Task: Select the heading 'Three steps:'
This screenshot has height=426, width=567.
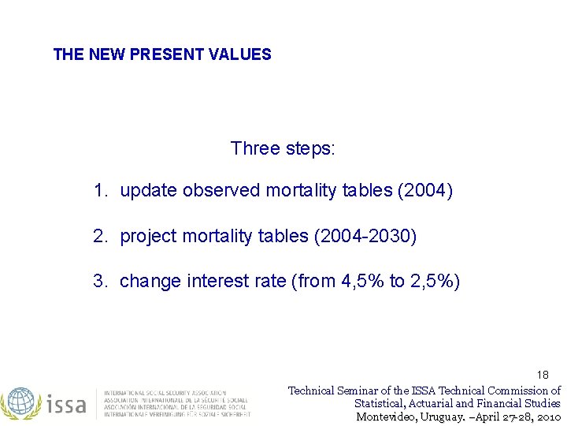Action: click(283, 148)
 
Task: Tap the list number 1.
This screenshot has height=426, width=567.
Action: click(99, 191)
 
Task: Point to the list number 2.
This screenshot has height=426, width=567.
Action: click(99, 237)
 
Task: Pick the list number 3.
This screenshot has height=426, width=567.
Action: click(99, 282)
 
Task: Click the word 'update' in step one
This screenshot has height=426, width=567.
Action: click(148, 191)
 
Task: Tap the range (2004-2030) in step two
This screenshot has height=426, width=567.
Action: click(365, 237)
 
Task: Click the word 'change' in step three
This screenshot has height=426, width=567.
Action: click(150, 282)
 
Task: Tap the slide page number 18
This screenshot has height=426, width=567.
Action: click(543, 375)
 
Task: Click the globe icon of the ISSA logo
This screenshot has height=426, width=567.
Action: click(21, 403)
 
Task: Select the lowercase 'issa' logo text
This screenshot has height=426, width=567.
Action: click(66, 404)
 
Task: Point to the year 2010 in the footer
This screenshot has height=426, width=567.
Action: click(547, 417)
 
